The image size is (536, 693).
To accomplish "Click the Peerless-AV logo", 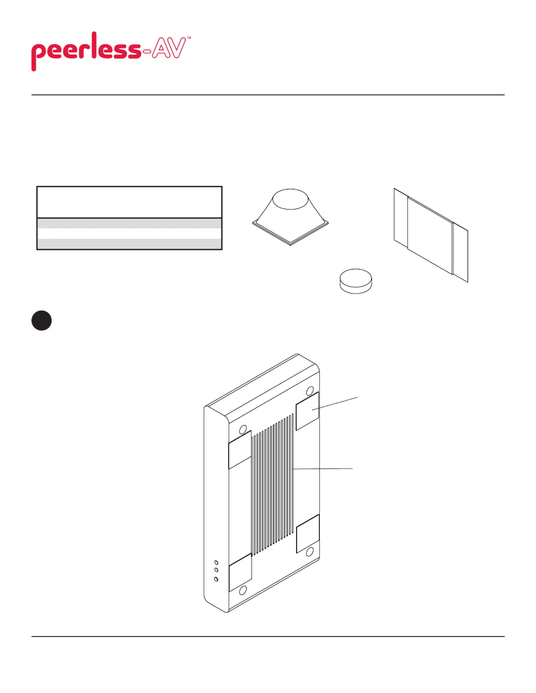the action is pos(111,51).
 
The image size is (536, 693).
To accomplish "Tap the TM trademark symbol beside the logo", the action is pos(189,38).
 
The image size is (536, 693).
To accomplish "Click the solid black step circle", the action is pos(41,320).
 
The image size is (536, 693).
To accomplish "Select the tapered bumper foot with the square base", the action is pos(290,217).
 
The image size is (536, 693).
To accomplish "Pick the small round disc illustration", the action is pos(356,281).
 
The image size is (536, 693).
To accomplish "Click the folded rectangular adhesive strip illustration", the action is pos(431,235).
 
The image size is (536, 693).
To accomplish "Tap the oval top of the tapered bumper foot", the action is pos(290,199).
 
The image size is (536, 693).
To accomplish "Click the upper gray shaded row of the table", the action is pos(129,223).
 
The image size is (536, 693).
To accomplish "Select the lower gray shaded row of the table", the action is pos(129,244).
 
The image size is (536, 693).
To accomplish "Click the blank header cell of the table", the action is pos(129,202).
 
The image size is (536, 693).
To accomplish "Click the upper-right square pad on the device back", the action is pos(307,411).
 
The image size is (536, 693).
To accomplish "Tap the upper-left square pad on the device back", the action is pos(240,450).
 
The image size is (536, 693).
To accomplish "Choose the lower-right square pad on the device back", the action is pos(308,534).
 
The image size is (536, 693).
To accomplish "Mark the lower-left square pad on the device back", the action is pos(240,573).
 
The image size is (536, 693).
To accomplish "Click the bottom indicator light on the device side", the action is pos(216,579).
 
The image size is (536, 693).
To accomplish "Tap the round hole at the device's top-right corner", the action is pos(310,391).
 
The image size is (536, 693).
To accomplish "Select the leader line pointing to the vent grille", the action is pos(323,469).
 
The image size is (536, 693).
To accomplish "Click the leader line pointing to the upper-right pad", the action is pos(335,403).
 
